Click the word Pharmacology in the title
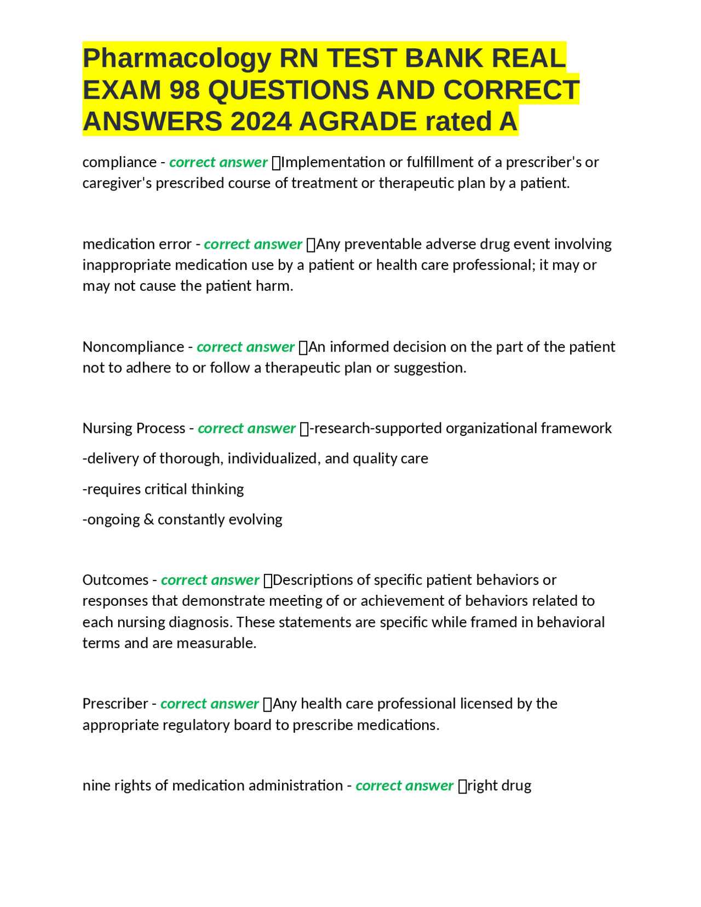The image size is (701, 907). click(176, 59)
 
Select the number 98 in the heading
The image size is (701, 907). click(185, 90)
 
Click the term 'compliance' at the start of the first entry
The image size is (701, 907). click(119, 163)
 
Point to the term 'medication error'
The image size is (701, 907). click(137, 244)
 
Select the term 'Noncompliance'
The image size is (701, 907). click(133, 347)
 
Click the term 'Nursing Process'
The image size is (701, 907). click(134, 428)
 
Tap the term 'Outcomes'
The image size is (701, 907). click(115, 580)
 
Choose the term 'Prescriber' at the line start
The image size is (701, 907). click(115, 704)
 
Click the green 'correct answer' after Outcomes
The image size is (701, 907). click(210, 580)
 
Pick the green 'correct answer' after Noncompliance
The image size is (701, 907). click(245, 347)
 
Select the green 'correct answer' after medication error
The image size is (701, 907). click(253, 244)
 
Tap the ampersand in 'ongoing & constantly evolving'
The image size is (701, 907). click(148, 520)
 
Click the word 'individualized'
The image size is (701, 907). click(273, 458)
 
